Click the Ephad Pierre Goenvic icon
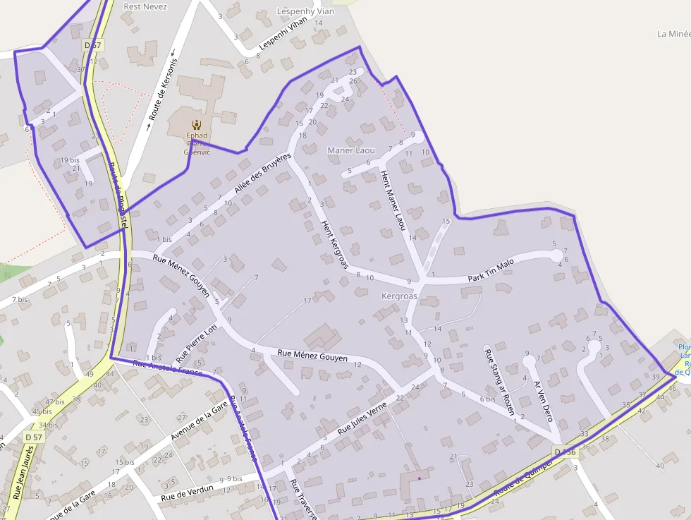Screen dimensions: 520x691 click(195, 124)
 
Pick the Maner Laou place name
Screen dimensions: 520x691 click(351, 150)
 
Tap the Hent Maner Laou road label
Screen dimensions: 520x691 click(393, 200)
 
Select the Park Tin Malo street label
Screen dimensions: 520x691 click(491, 271)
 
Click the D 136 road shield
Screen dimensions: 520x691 click(565, 452)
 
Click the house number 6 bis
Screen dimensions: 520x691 click(487, 399)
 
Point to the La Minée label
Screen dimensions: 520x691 click(673, 33)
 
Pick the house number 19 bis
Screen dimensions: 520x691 click(70, 160)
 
